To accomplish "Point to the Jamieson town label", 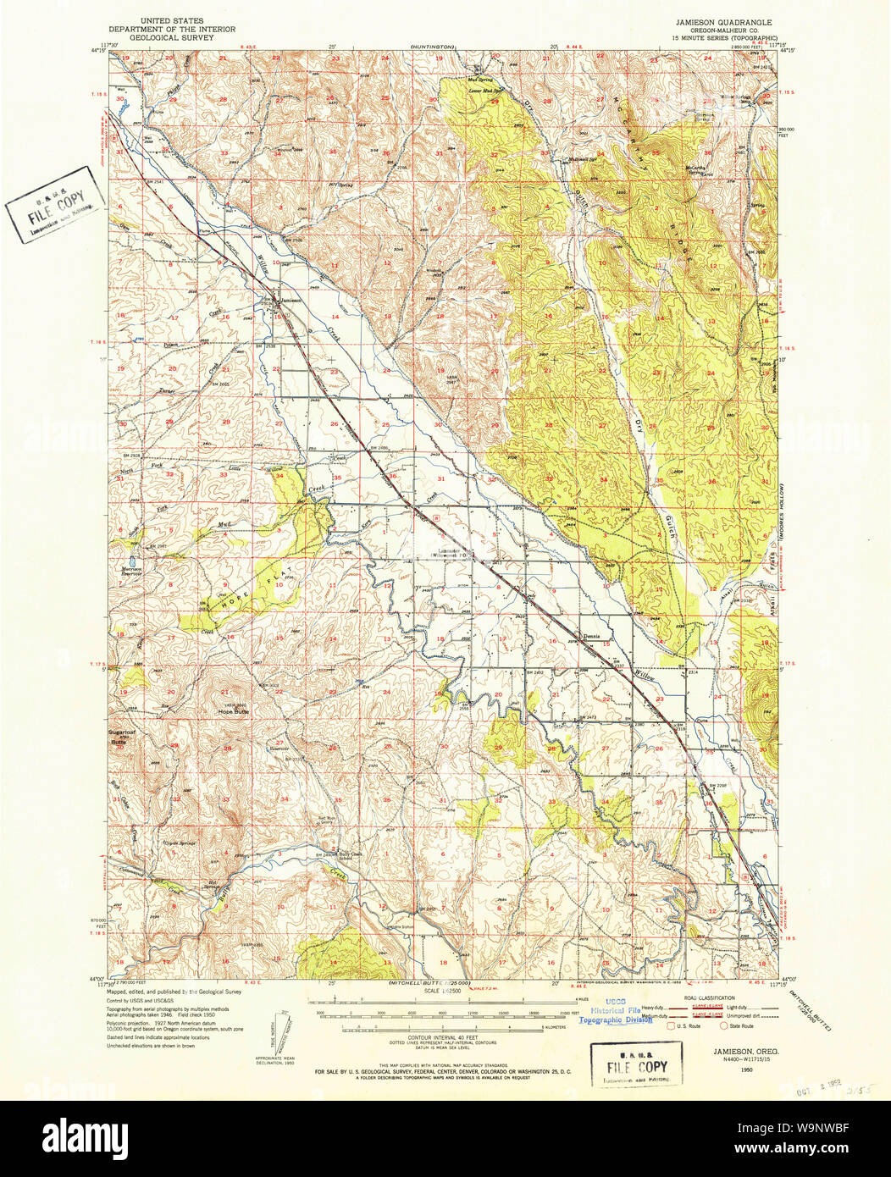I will click(290, 300).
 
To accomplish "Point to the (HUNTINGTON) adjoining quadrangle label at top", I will click(434, 46).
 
